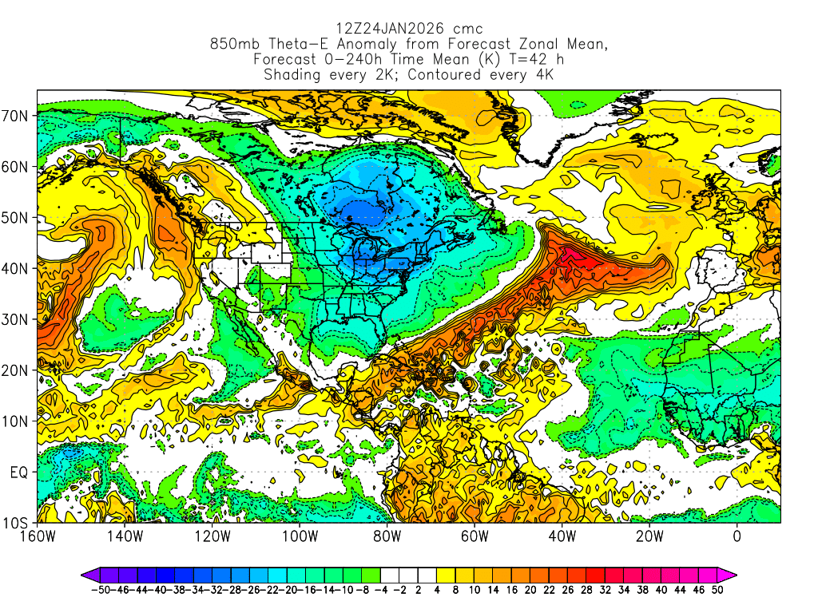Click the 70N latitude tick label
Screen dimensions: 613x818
(x=17, y=115)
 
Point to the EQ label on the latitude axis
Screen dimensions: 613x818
(x=19, y=473)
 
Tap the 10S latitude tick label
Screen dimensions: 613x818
(x=17, y=524)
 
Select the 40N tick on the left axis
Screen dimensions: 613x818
(x=17, y=268)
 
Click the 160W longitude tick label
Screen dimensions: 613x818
(x=37, y=536)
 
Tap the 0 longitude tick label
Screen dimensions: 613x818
(x=737, y=536)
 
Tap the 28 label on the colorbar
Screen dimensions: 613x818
(x=594, y=590)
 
